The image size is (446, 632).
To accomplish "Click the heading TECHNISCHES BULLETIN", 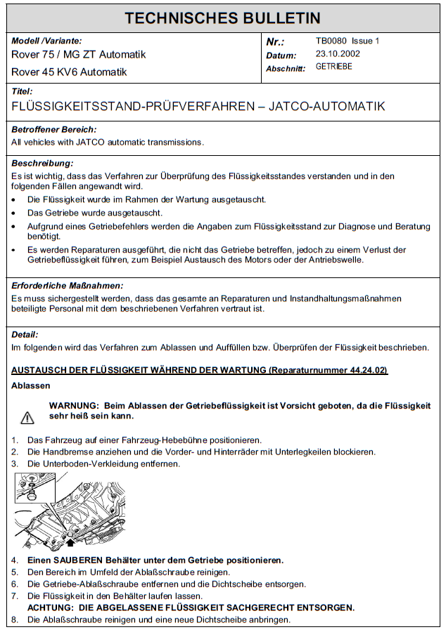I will tap(222, 18).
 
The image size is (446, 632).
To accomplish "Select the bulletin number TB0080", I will tap(332, 41).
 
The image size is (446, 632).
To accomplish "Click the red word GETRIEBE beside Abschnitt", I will tap(333, 67).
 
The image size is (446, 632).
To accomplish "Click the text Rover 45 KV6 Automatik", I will tap(69, 72).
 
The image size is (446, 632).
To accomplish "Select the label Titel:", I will tap(23, 91).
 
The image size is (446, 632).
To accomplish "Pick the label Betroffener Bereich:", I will tap(54, 130).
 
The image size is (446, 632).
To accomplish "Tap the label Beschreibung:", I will tap(43, 163).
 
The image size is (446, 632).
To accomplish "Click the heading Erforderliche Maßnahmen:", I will tap(68, 286).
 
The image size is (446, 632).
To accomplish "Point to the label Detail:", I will tap(25, 335).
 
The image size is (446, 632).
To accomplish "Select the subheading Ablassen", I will tap(31, 386).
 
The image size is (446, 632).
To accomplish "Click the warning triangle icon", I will tap(27, 418).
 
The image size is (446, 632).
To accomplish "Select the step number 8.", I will tap(15, 620).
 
